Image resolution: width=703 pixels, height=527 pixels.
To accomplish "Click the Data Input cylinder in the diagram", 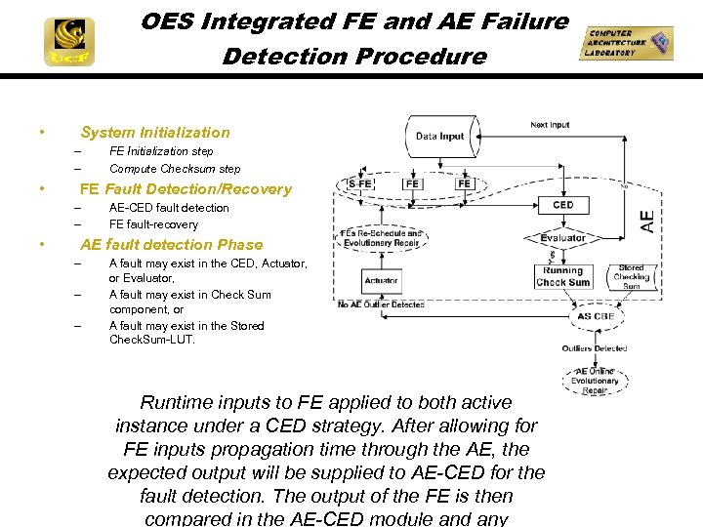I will click(439, 136).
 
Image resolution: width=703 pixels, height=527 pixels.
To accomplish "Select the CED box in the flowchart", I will click(563, 205).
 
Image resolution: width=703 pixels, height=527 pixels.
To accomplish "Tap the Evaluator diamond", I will click(563, 238).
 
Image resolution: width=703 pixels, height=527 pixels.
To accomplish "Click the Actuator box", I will click(381, 280).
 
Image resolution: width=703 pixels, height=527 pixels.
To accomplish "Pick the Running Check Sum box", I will click(563, 276).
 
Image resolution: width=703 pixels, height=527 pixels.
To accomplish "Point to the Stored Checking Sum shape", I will click(631, 276).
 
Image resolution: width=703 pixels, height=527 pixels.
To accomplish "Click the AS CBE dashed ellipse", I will click(595, 316).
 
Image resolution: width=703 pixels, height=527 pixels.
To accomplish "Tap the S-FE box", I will click(360, 183).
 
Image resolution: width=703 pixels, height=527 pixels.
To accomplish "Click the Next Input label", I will click(550, 125).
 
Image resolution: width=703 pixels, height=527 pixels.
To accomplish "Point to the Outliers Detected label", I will click(595, 347).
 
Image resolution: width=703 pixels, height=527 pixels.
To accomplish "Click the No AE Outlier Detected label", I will click(381, 304).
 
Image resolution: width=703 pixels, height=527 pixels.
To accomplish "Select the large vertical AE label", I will click(647, 221).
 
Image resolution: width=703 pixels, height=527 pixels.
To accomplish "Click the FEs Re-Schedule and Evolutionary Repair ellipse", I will click(381, 238).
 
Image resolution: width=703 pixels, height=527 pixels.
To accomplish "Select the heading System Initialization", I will click(154, 133).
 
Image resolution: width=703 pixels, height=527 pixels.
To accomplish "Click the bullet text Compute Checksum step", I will click(174, 169).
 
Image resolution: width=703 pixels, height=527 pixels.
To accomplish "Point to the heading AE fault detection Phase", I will click(171, 245).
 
